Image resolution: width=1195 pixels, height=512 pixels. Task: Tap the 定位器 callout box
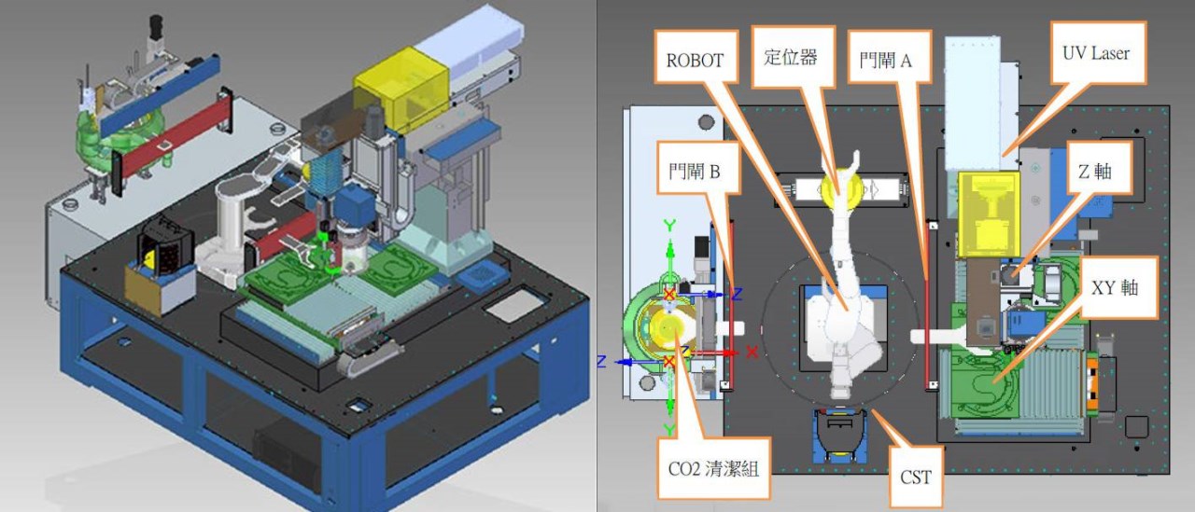(793, 56)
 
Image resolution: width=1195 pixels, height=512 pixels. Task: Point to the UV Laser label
(1098, 53)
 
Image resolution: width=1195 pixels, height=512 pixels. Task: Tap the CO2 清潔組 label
(714, 468)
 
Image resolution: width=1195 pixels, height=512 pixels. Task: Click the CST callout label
(916, 477)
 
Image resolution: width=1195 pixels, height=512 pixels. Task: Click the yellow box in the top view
(989, 214)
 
